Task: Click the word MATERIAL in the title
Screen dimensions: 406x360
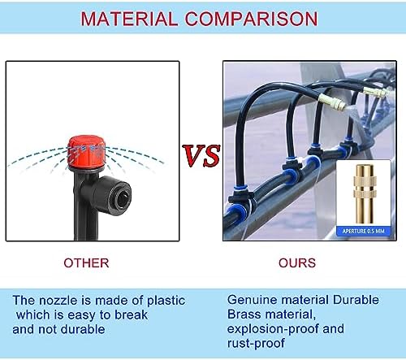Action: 129,19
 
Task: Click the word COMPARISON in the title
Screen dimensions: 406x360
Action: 251,19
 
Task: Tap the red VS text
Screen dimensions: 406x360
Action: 201,155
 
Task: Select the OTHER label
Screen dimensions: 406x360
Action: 86,263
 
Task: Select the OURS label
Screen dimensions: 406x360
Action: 297,263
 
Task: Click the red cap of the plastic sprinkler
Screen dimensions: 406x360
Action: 86,153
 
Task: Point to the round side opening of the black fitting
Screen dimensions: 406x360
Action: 123,199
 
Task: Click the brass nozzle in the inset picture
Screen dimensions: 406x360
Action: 365,194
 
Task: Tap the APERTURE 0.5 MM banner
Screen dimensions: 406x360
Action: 363,231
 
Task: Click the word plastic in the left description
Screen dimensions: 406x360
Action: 166,301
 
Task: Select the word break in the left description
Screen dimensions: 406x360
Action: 131,315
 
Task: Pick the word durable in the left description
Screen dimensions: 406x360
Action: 83,330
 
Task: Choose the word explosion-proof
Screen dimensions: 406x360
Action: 273,329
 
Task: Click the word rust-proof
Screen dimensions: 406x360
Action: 256,344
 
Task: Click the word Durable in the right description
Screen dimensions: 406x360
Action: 356,300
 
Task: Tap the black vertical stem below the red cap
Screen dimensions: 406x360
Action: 81,214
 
